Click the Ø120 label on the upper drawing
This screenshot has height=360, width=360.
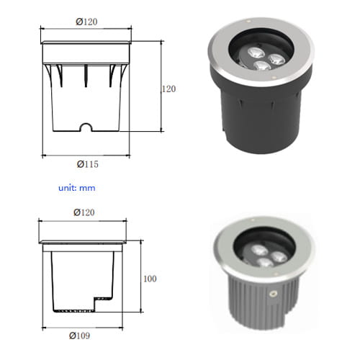click(x=86, y=22)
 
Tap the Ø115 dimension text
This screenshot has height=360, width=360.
click(x=88, y=164)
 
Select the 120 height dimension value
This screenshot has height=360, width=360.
click(x=168, y=89)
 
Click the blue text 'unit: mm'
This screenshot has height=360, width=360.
click(x=77, y=188)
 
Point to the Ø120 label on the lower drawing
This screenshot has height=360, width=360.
click(x=84, y=212)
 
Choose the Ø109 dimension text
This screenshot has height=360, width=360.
click(x=80, y=336)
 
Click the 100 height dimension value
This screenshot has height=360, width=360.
click(x=150, y=279)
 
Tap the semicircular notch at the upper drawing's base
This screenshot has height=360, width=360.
click(x=86, y=127)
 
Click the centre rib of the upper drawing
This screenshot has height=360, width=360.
click(x=86, y=76)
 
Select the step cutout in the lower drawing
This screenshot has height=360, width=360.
click(x=104, y=305)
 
